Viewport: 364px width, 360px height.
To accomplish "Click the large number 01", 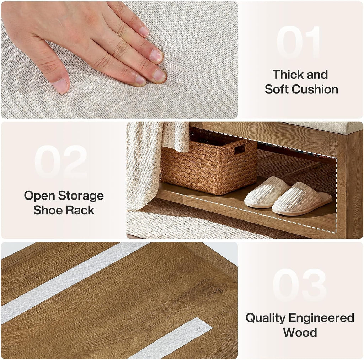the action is click(299, 42).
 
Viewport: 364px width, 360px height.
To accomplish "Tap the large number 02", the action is click(61, 162).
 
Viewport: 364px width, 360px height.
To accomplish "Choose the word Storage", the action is click(81, 196).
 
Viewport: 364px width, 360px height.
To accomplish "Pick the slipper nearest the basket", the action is click(267, 192).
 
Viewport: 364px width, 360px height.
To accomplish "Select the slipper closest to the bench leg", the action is click(301, 199).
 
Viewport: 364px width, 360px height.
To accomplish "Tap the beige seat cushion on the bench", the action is click(325, 128).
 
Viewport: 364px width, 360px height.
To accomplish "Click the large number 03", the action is click(299, 285).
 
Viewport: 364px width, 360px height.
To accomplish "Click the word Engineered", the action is click(321, 318).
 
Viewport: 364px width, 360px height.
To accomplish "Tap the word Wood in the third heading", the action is click(300, 332).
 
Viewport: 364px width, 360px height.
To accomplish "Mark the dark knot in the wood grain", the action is click(213, 290).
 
